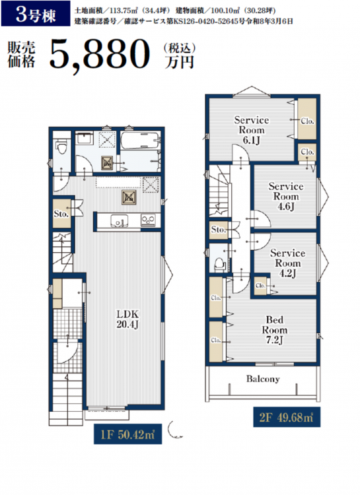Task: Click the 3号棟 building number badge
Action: [36, 14]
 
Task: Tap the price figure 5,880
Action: [100, 55]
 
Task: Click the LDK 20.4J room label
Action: [127, 319]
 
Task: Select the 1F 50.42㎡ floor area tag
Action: [127, 434]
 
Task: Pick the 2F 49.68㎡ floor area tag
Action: [287, 417]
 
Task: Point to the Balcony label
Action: [263, 379]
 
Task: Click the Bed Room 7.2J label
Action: [274, 329]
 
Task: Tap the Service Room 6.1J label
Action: [252, 130]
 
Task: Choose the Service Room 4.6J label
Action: [286, 196]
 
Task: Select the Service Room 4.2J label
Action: [287, 263]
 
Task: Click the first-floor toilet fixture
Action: [62, 147]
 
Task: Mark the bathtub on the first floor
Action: [139, 141]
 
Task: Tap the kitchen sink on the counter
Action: [119, 220]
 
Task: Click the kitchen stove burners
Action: [148, 220]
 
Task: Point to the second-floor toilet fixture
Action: [219, 263]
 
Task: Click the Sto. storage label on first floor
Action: [61, 214]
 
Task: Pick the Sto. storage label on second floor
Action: [218, 229]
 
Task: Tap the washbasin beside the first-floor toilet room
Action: [84, 139]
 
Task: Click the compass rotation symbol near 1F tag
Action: [174, 430]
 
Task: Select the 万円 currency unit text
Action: [179, 62]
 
